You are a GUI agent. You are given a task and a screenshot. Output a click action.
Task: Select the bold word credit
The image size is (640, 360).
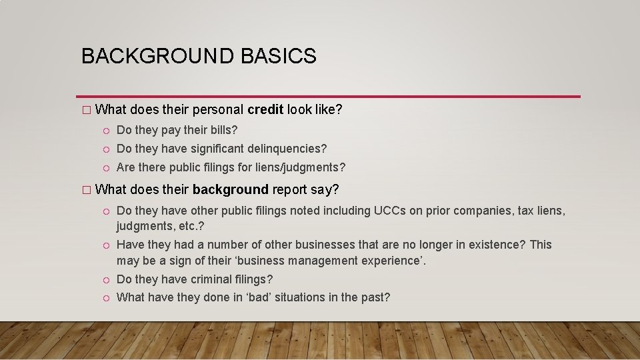[x=265, y=109]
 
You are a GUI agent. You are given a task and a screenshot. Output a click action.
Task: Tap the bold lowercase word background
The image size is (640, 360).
[x=230, y=190]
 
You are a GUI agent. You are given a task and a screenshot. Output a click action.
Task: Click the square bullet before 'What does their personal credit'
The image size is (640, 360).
[x=85, y=110]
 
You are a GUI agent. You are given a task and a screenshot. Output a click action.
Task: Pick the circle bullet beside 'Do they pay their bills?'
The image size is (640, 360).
[x=106, y=130]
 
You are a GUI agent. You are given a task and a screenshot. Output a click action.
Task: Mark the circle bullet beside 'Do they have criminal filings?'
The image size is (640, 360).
[x=106, y=280]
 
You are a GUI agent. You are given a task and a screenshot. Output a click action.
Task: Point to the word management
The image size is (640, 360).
[x=321, y=261]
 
